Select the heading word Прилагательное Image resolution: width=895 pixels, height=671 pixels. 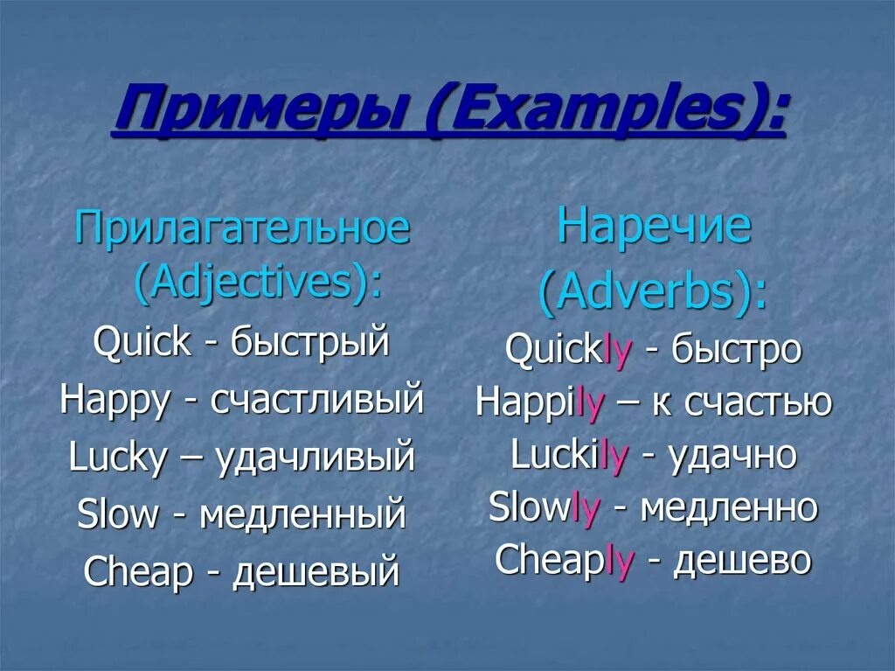(242, 229)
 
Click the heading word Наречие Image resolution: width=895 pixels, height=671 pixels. (654, 227)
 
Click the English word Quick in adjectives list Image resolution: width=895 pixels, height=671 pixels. (142, 342)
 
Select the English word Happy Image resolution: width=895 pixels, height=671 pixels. (114, 400)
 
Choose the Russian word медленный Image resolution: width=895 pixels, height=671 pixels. (302, 514)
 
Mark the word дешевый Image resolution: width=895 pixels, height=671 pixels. (315, 572)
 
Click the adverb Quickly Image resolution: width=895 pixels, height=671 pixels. (568, 350)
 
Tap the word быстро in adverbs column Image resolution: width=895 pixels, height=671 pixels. (736, 350)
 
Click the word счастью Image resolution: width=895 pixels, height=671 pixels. (757, 402)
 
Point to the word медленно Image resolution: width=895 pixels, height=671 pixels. (729, 507)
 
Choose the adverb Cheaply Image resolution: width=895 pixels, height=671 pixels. (564, 561)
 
